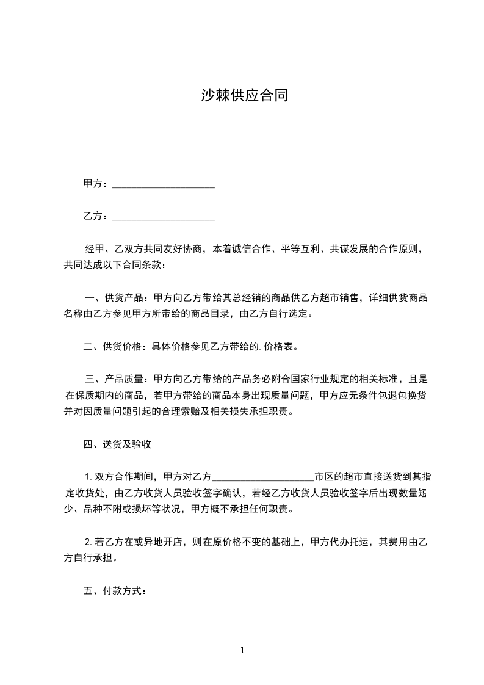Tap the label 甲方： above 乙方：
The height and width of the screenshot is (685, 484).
[x=96, y=184]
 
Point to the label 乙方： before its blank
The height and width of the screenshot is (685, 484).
[x=96, y=216]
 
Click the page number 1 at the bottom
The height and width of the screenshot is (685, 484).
[x=242, y=650]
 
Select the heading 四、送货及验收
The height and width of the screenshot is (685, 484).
[x=117, y=444]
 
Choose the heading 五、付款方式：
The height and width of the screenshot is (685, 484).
[x=115, y=591]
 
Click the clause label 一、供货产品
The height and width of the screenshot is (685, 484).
[x=114, y=298]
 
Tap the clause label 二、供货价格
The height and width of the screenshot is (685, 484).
[x=114, y=347]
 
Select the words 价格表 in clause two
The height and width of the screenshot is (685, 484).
[x=280, y=347]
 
